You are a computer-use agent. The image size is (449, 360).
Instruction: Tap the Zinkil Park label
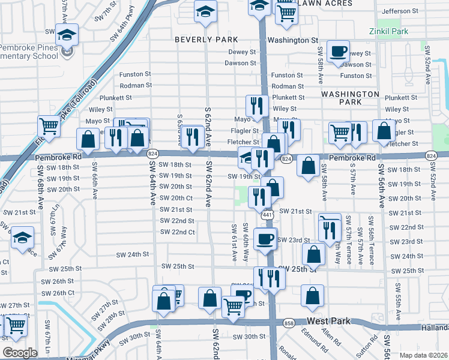click(390, 30)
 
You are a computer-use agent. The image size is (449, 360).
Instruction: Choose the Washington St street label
click(292, 40)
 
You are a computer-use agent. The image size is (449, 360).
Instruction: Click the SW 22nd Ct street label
click(177, 232)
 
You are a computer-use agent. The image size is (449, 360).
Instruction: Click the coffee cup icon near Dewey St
click(339, 52)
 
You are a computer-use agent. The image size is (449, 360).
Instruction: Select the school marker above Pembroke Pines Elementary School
click(67, 34)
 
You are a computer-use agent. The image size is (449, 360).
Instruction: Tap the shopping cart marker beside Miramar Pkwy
click(16, 325)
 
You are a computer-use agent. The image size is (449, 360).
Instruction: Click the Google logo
click(20, 352)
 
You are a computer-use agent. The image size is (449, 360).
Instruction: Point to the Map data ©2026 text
click(423, 355)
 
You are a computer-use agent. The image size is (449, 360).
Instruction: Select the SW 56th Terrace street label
click(371, 240)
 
